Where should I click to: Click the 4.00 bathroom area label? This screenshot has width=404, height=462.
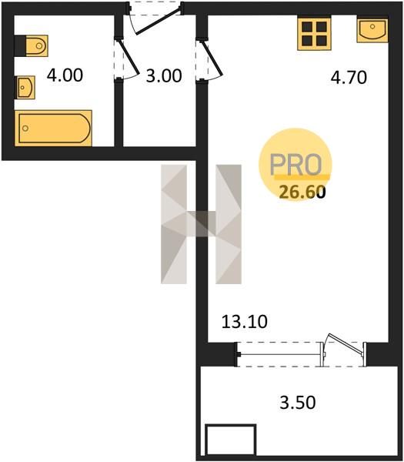tap(65, 75)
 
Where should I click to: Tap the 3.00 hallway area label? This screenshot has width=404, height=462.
tap(164, 75)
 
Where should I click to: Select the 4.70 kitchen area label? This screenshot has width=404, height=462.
tap(349, 78)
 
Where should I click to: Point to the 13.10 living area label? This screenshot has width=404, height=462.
tap(245, 321)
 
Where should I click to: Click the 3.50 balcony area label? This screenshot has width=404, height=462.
tap(297, 402)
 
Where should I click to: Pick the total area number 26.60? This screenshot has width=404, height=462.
tap(302, 192)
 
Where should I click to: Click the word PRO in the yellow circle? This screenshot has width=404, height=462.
tap(295, 165)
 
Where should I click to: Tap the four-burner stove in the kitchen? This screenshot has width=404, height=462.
tap(314, 33)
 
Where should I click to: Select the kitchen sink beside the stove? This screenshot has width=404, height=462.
tap(372, 30)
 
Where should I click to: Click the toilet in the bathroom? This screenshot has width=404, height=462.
tap(36, 45)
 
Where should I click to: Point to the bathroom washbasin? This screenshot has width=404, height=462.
tap(25, 87)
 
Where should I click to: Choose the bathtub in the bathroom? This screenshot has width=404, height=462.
tap(54, 128)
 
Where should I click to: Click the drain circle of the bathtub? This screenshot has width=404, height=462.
tap(25, 128)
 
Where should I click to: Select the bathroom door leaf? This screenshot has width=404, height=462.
tap(129, 57)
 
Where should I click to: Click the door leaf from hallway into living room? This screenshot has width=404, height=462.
tap(211, 58)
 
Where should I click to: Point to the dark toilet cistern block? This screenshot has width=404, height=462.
tap(20, 45)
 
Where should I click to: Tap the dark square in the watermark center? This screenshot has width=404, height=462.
tap(202, 223)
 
